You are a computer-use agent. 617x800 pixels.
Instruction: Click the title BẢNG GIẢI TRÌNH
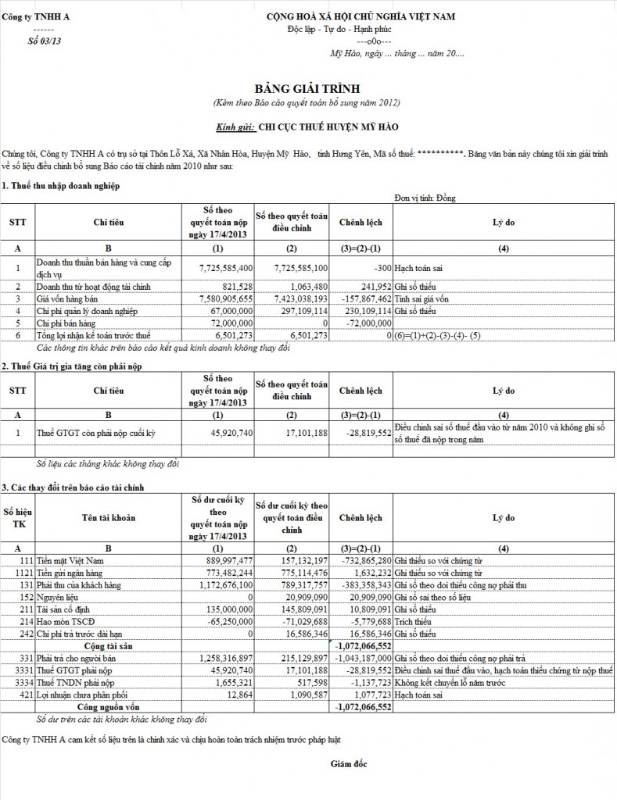(307, 88)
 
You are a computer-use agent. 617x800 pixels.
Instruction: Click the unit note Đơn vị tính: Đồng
(425, 198)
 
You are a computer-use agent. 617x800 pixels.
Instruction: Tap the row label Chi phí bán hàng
(66, 322)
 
